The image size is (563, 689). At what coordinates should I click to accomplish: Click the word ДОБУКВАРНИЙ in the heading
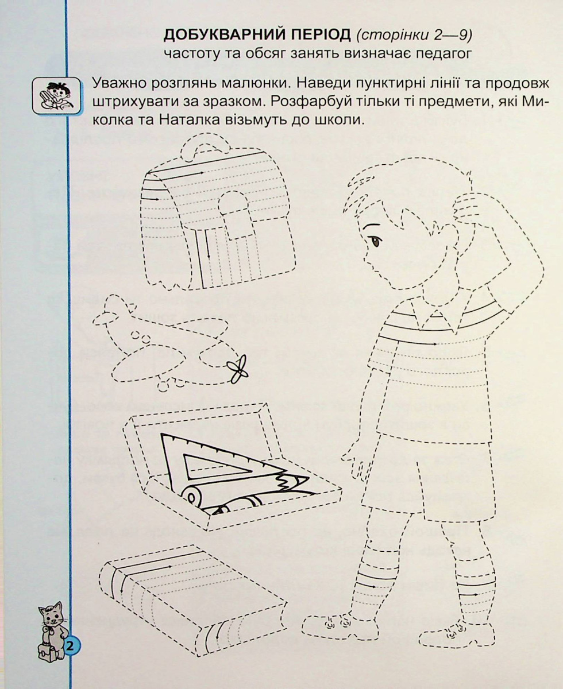coord(257,36)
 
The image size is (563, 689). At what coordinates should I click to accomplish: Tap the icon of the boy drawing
coord(56,95)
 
